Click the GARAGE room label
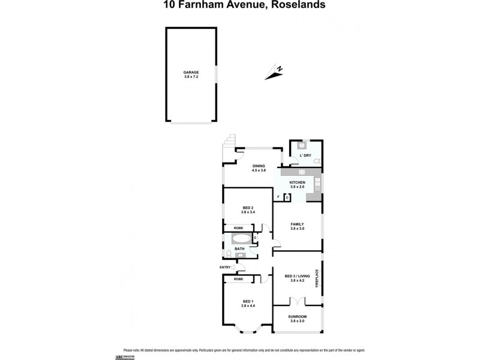click(x=191, y=72)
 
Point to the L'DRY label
click(x=305, y=155)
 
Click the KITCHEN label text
click(x=298, y=182)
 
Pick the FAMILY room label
click(x=297, y=224)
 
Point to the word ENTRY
click(x=224, y=268)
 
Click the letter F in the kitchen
click(x=278, y=197)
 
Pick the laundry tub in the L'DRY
click(x=302, y=144)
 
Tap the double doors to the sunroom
click(x=294, y=301)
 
